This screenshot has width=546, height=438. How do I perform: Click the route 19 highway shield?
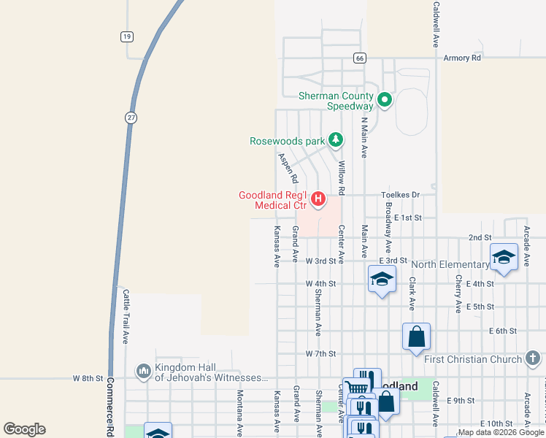[x=127, y=36]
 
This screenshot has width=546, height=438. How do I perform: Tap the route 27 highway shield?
[x=131, y=118]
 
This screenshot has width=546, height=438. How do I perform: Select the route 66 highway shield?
[x=359, y=58]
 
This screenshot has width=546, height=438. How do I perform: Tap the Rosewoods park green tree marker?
[x=335, y=139]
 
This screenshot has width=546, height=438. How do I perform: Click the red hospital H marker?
[x=318, y=198]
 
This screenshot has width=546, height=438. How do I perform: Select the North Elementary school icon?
[x=504, y=257]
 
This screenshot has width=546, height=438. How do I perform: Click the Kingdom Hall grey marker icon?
[x=143, y=372]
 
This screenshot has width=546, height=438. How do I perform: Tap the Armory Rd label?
[x=462, y=58]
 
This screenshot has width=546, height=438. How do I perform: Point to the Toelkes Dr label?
[x=401, y=195]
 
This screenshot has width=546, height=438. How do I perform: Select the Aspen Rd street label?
[x=287, y=168]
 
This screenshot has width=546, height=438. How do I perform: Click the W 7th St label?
[x=320, y=353]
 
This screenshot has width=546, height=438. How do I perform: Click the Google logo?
[x=24, y=429]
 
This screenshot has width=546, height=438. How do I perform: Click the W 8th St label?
[x=88, y=378]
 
